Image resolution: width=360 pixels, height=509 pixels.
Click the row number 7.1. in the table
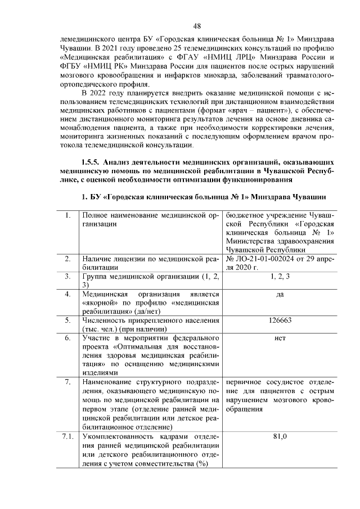coord(67,436)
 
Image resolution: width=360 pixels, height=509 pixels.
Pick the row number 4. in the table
coord(67,294)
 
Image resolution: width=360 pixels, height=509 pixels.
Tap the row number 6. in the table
coord(67,338)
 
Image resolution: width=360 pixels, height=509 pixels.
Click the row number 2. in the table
coord(67,258)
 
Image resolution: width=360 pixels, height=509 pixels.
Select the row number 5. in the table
coord(67,320)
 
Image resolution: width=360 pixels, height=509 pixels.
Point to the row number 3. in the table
coord(67,276)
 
